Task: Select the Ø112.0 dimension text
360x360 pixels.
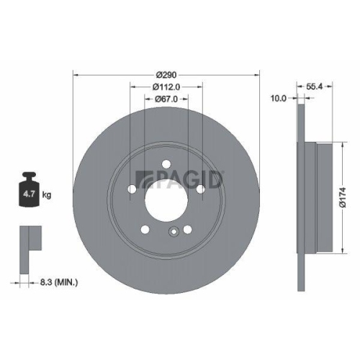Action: pyautogui.click(x=166, y=87)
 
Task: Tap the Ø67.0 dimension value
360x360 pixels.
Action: pyautogui.click(x=166, y=100)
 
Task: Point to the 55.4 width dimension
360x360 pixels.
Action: pyautogui.click(x=313, y=85)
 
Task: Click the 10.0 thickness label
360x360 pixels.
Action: pyautogui.click(x=278, y=98)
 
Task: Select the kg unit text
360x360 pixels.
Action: pyautogui.click(x=48, y=194)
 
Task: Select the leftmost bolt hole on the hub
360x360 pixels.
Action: pyautogui.click(x=132, y=189)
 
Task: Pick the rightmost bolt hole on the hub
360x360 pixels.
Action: pyautogui.click(x=201, y=189)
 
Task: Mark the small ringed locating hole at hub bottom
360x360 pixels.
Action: pyautogui.click(x=173, y=232)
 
